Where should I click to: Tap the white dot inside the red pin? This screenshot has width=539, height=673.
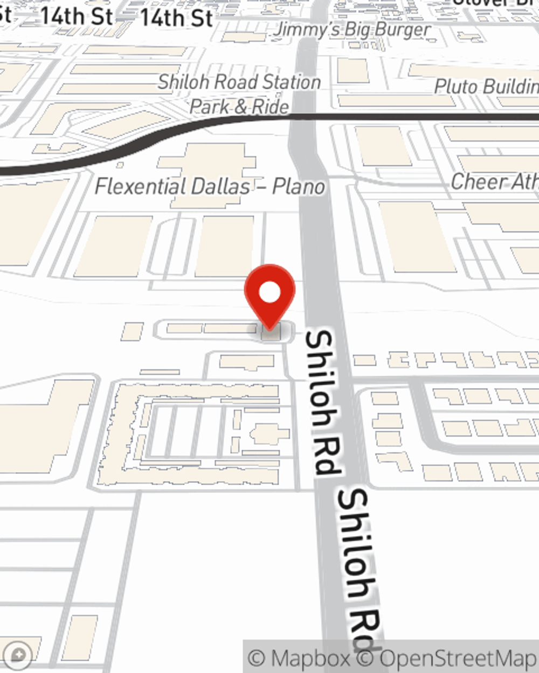[x=269, y=293]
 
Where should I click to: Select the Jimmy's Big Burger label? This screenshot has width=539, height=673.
[x=352, y=29]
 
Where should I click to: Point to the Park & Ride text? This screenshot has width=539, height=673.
[x=239, y=107]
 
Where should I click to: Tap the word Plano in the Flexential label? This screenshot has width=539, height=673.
[x=299, y=187]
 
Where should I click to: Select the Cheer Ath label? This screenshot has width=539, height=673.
[x=494, y=181]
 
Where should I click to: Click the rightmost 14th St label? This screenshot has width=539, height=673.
[x=176, y=18]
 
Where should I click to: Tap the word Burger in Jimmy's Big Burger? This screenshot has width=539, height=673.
[x=403, y=29]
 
